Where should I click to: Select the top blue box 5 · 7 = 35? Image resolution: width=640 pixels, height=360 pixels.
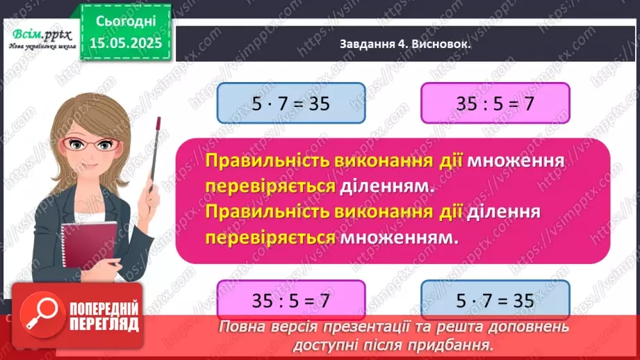pyautogui.click(x=291, y=104)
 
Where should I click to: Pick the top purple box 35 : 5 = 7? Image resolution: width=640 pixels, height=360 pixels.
pyautogui.click(x=495, y=104)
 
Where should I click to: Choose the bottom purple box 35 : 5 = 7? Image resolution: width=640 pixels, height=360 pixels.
pyautogui.click(x=291, y=301)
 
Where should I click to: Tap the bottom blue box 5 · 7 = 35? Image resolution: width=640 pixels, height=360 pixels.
pyautogui.click(x=495, y=301)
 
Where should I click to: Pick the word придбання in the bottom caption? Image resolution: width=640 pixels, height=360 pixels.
pyautogui.click(x=459, y=343)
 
